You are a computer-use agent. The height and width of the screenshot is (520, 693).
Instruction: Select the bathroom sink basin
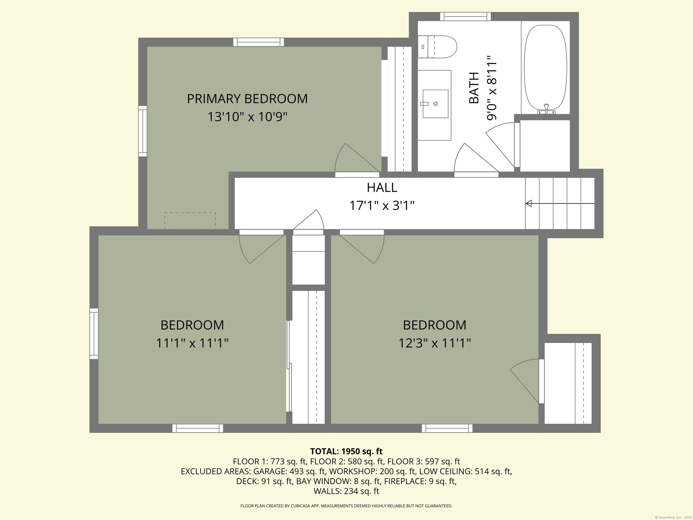coord(435,104)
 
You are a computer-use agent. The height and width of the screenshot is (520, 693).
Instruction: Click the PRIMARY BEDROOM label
coord(247,99)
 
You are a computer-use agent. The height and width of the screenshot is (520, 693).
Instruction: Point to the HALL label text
coord(382,187)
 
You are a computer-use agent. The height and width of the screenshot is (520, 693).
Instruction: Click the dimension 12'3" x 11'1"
coord(434,343)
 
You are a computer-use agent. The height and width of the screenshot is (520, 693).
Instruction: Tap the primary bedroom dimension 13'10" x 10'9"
coord(247,117)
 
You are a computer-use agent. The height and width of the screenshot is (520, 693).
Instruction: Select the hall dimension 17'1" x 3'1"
coord(382,206)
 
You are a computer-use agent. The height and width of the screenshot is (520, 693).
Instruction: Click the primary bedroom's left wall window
coord(143,131)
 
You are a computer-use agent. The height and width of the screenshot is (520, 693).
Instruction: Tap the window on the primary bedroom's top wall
coord(259,42)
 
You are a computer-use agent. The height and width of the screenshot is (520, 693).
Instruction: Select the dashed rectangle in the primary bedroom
coord(190,221)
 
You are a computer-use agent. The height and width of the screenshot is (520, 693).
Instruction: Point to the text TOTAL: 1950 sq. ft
coord(346,451)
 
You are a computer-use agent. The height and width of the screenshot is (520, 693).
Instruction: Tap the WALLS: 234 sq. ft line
coord(346,491)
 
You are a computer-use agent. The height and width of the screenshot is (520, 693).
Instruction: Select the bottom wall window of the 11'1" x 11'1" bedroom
coord(198,428)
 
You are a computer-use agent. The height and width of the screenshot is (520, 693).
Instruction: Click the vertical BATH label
coord(474,88)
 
